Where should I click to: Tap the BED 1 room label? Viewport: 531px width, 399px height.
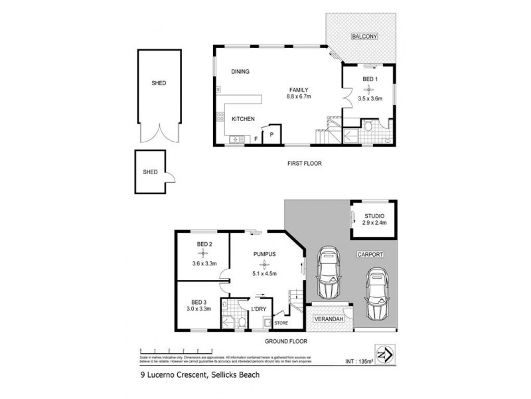click(x=369, y=79)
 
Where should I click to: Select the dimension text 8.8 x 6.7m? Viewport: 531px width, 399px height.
click(x=299, y=97)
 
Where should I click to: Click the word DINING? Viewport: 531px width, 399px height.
click(x=240, y=72)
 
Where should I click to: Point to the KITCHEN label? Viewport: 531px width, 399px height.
click(x=243, y=119)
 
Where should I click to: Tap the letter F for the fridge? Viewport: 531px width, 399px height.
click(x=256, y=138)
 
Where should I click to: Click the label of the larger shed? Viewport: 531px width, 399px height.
click(x=159, y=83)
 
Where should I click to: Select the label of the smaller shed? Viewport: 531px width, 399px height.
click(x=151, y=172)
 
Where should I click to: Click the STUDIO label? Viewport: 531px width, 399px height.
click(x=375, y=215)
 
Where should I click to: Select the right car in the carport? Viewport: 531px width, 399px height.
click(x=376, y=294)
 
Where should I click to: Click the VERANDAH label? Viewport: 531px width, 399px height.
click(x=329, y=320)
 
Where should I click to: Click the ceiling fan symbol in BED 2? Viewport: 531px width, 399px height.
click(x=203, y=253)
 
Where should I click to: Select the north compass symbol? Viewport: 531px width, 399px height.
click(x=384, y=352)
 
